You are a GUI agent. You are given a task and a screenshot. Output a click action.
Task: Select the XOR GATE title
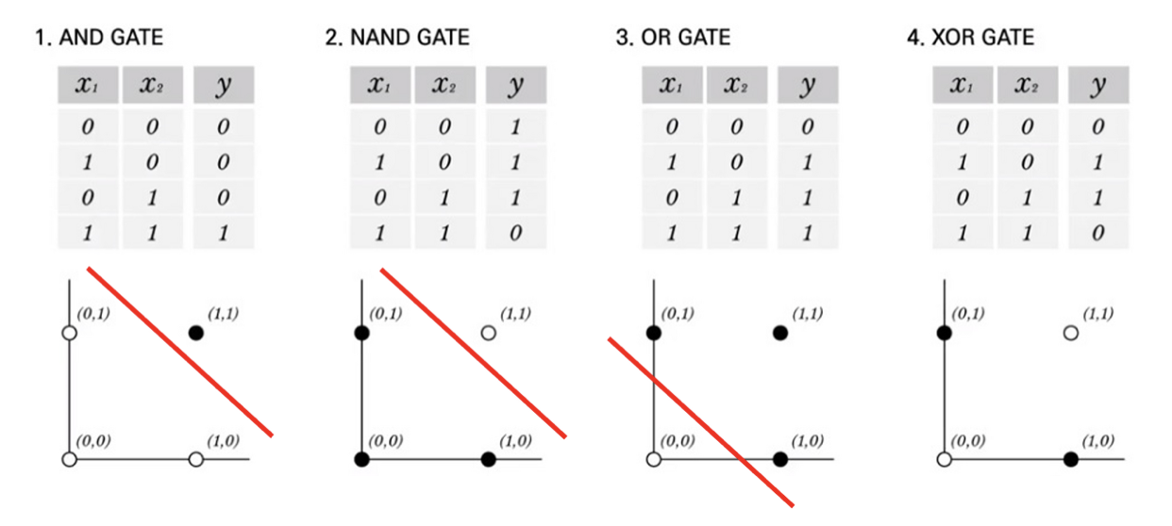pyautogui.click(x=978, y=39)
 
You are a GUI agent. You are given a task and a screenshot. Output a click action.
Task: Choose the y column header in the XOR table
pyautogui.click(x=1097, y=88)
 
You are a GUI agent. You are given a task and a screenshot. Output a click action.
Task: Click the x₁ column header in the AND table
pyautogui.click(x=88, y=88)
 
